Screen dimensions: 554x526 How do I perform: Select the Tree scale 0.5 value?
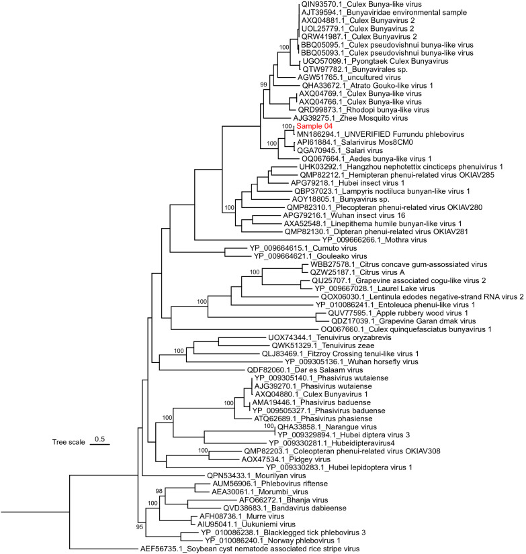pos(100,439)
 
